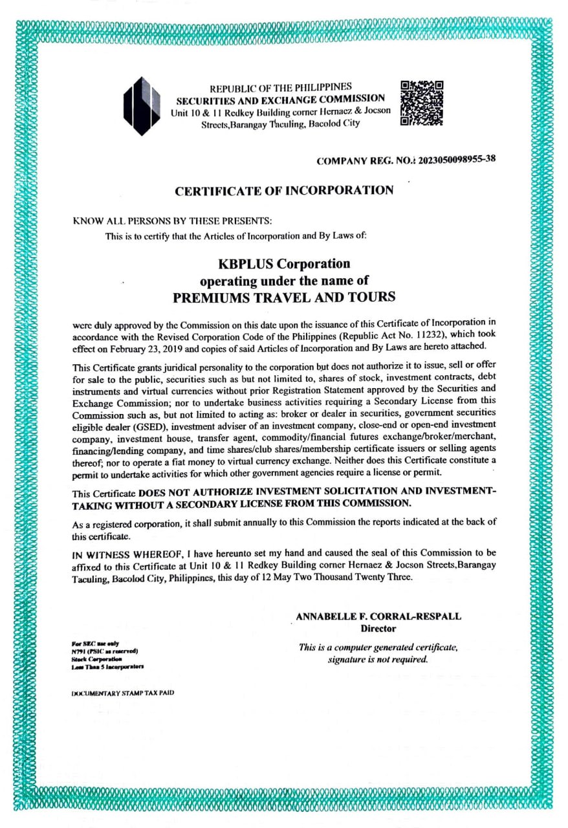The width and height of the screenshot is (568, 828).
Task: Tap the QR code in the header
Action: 422,103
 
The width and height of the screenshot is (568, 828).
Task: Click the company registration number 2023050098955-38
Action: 457,160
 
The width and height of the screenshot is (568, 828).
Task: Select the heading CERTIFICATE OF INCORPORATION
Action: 284,190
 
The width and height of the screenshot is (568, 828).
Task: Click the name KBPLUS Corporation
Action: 284,264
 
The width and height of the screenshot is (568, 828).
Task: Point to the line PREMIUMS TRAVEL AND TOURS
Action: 284,298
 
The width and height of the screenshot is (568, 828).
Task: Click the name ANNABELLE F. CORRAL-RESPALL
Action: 378,616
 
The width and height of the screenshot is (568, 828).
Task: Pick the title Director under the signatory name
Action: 378,628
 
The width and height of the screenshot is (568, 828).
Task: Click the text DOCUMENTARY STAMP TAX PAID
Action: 122,693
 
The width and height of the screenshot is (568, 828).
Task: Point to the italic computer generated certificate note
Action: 378,653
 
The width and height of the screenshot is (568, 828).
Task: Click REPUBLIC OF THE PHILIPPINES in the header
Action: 281,87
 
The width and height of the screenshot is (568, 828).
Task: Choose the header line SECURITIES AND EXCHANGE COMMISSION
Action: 281,99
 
